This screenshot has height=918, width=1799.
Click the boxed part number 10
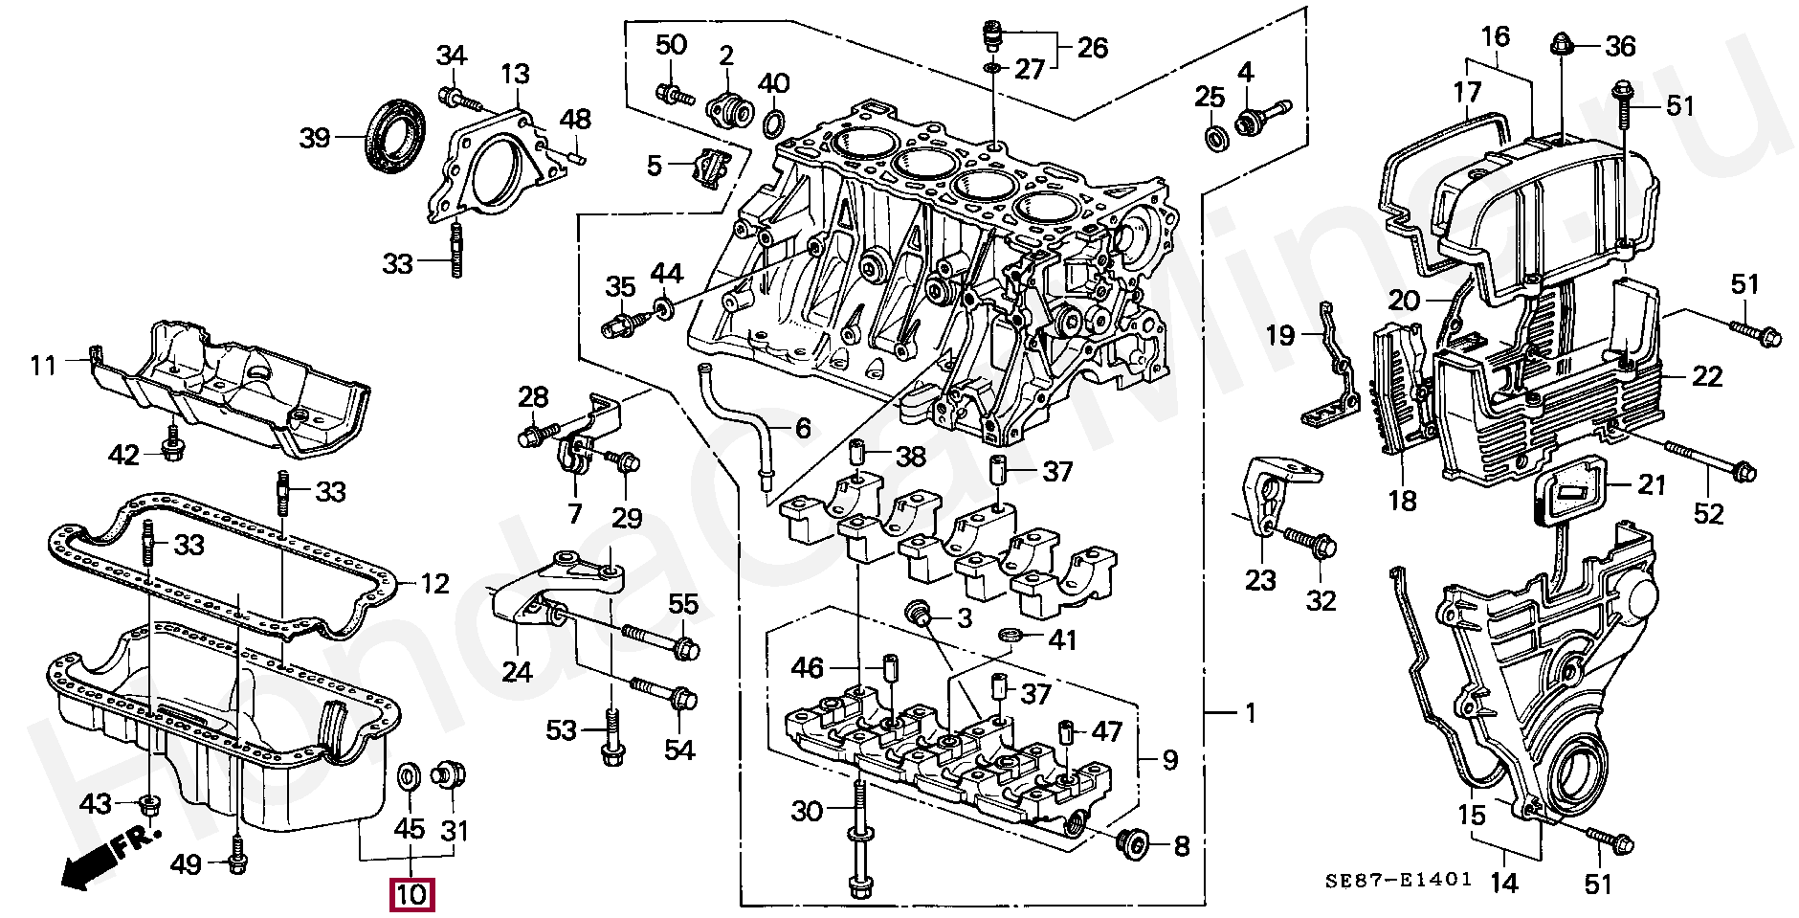click(411, 895)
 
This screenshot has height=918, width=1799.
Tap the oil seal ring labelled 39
click(396, 136)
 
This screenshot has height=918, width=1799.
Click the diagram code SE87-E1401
click(1398, 880)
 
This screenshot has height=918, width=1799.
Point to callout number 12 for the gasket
click(434, 583)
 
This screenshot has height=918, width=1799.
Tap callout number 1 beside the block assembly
click(1250, 712)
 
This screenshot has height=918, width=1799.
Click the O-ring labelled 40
click(774, 123)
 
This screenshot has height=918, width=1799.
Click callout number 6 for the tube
click(803, 428)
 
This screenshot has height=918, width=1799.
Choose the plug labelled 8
click(1135, 843)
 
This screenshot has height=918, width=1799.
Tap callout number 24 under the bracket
click(517, 672)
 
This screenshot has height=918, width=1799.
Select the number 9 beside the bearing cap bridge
click(1169, 760)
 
